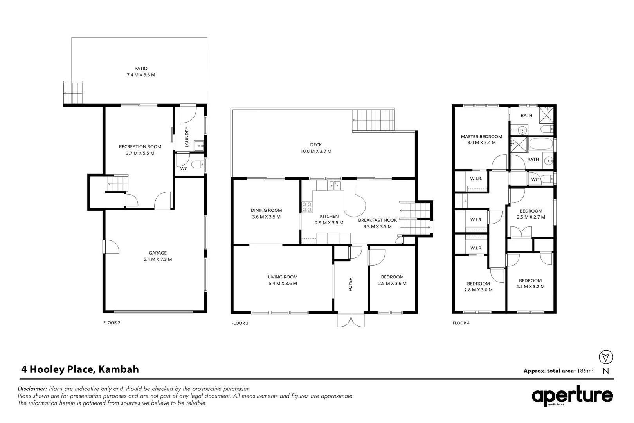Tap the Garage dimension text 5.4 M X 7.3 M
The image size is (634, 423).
(158, 259)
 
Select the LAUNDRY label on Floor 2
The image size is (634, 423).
(187, 137)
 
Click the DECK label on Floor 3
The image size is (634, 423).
(315, 145)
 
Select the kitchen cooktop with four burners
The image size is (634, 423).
(307, 206)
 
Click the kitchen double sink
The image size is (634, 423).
(335, 185)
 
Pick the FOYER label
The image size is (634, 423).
(351, 284)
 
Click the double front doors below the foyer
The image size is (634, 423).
(351, 320)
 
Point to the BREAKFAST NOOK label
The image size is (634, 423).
(377, 220)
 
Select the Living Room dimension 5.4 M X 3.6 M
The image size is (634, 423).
(283, 284)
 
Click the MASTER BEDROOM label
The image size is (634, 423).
(481, 137)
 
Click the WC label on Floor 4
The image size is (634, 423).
(535, 180)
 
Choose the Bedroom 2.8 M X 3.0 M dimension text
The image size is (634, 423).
(478, 290)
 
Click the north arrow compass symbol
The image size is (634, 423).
(606, 357)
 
